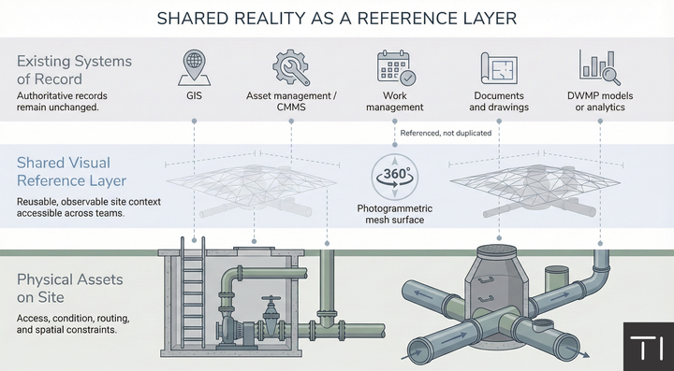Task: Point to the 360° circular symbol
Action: tap(393, 176)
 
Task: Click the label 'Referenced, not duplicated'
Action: tap(446, 134)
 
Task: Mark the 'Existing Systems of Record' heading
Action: tap(76, 71)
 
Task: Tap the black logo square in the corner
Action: tap(648, 345)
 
